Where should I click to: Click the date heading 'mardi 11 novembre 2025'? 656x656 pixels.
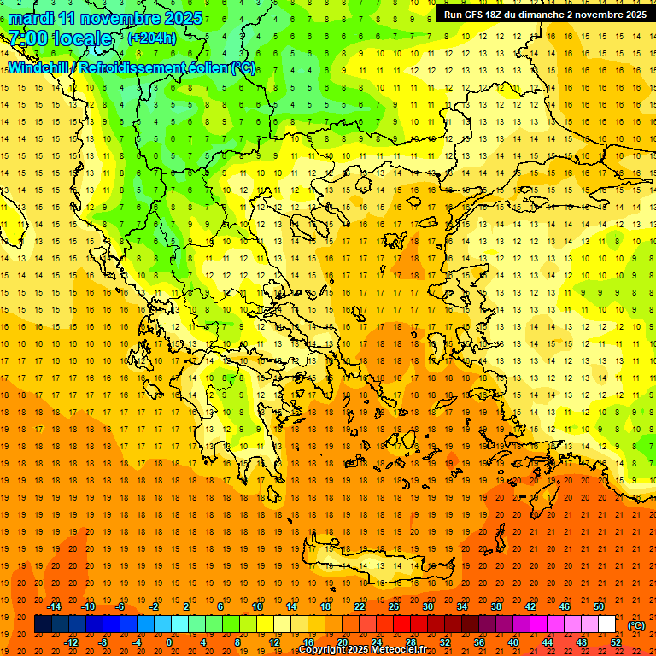[106, 18]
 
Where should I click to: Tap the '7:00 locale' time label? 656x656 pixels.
[60, 38]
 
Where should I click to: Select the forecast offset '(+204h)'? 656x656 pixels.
[152, 38]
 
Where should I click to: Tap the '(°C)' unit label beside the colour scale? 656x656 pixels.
[636, 625]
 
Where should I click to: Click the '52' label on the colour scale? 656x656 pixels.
[616, 642]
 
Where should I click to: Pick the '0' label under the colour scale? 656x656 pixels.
[169, 642]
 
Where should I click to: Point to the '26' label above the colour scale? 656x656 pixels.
[394, 606]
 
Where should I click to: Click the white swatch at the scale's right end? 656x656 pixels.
[607, 624]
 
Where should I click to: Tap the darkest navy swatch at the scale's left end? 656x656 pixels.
[43, 624]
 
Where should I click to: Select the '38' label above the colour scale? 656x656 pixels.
[496, 606]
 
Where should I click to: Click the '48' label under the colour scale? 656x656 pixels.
[582, 642]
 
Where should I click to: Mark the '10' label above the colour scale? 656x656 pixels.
[257, 606]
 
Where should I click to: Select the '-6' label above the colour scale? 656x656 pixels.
[122, 606]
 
